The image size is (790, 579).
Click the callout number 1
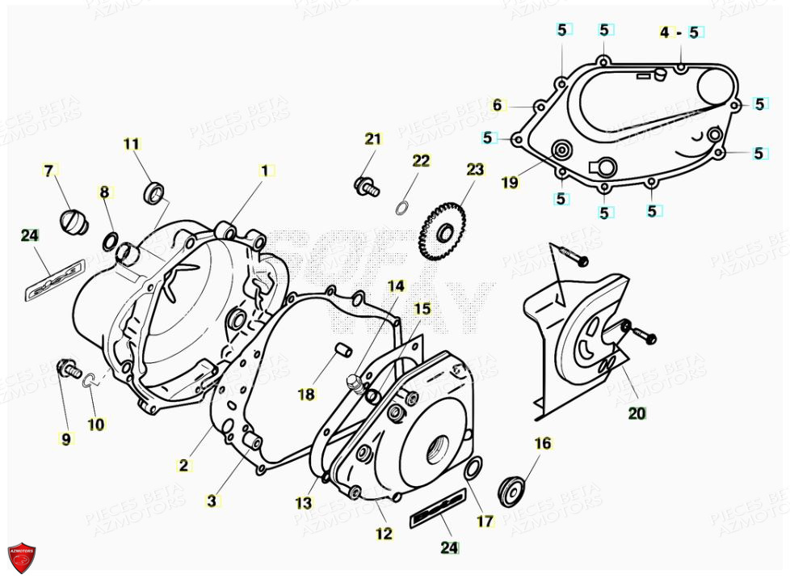click(x=263, y=171)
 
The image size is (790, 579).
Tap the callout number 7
click(x=48, y=171)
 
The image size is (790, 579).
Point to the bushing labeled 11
click(x=154, y=193)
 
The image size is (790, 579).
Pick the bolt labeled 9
click(x=66, y=371)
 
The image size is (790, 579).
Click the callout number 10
click(x=95, y=424)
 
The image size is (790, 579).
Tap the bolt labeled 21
click(x=366, y=185)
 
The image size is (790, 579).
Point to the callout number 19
click(x=509, y=183)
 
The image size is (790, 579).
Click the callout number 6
click(x=498, y=105)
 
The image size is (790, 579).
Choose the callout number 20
click(x=637, y=413)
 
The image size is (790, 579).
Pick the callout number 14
click(x=396, y=285)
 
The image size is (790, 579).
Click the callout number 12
click(x=384, y=534)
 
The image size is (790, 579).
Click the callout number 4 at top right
click(x=665, y=32)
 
